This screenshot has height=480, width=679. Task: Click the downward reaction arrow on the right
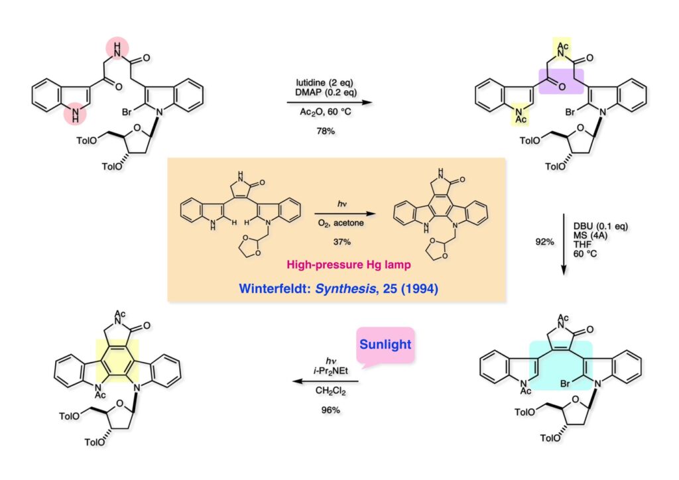tap(562, 243)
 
